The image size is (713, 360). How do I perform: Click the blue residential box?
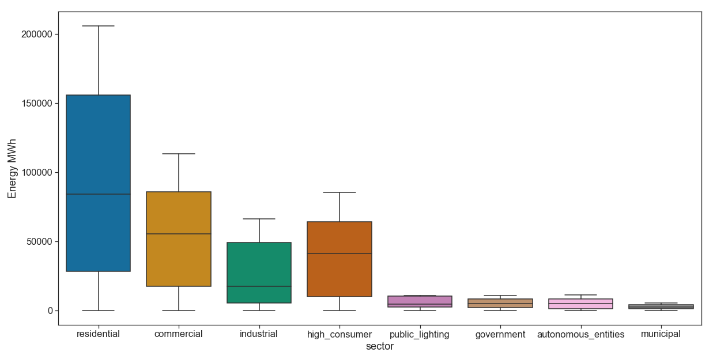point(98,144)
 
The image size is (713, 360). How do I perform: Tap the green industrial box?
point(259,265)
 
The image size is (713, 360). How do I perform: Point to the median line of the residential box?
point(98,194)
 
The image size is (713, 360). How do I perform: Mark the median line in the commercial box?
point(179,234)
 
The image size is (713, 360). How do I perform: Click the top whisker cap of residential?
point(98,26)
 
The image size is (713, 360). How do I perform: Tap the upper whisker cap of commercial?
point(179,154)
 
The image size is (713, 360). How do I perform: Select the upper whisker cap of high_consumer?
point(339,192)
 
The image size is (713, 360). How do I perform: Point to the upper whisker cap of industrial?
point(259,219)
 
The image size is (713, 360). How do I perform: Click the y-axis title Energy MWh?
point(12,169)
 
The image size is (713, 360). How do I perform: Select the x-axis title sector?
point(380,347)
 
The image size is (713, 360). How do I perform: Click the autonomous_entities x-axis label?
point(580,335)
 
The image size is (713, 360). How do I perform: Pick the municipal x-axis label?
point(661,334)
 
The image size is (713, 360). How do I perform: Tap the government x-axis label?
point(500,335)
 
